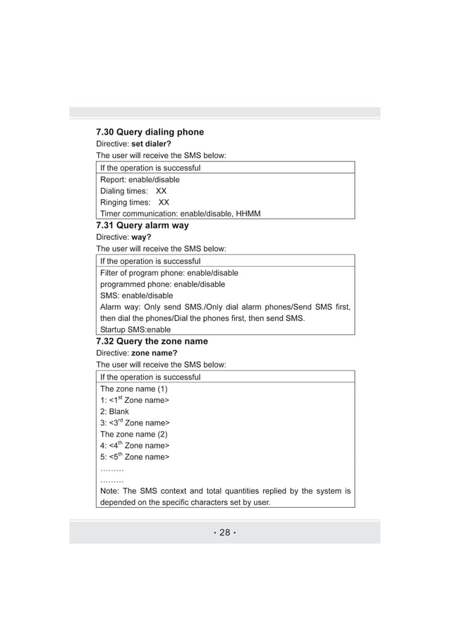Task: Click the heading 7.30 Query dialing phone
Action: pos(150,132)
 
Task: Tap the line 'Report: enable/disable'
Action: pos(140,180)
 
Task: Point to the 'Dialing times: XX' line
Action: pos(133,191)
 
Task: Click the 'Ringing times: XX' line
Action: pos(134,202)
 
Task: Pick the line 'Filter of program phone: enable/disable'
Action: pos(169,273)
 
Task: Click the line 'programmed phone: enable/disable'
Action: pos(163,284)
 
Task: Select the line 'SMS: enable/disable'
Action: pos(136,296)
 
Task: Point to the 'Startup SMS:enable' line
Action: pos(135,329)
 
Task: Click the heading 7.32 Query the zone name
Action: pos(152,341)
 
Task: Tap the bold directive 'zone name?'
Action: pos(154,353)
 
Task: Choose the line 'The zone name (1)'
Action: pos(134,389)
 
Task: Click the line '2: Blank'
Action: pos(115,411)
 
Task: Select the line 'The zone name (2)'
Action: pos(134,434)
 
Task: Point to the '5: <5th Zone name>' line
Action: pos(135,457)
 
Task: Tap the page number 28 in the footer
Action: pos(224,533)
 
